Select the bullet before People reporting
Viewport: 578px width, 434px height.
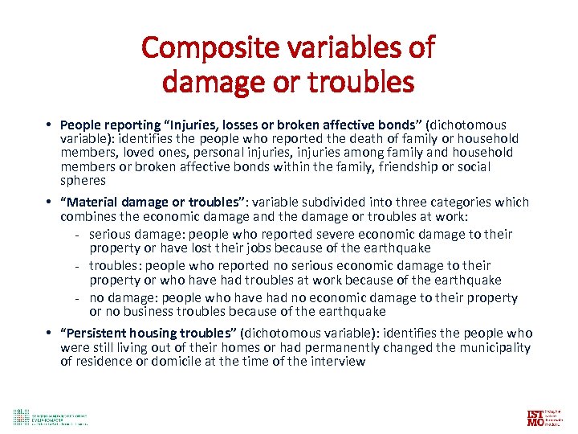click(49, 125)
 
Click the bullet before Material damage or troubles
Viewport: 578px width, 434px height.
click(49, 202)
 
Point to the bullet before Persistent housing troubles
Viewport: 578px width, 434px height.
click(49, 333)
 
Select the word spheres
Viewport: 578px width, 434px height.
click(83, 181)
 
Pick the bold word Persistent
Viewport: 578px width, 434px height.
click(100, 333)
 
